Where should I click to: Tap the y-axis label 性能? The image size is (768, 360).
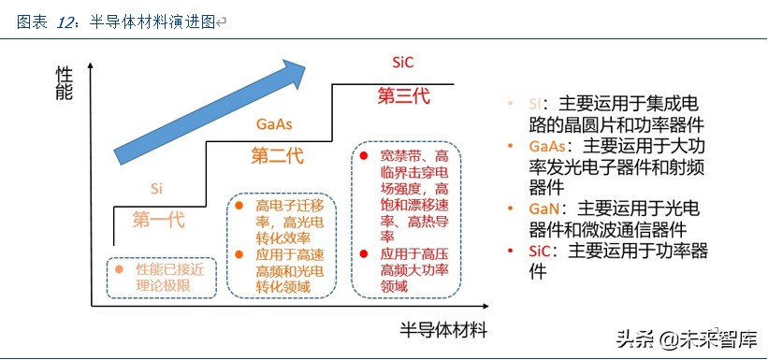tap(63, 85)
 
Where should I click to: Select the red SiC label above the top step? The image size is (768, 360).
tap(403, 63)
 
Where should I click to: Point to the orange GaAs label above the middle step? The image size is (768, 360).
tap(274, 124)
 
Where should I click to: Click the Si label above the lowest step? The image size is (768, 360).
tap(157, 187)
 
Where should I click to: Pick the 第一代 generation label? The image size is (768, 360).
tap(158, 221)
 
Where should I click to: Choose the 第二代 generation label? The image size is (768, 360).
tap(277, 155)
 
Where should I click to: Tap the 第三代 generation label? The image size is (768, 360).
tap(405, 94)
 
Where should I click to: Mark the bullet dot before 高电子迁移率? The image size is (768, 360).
tap(239, 205)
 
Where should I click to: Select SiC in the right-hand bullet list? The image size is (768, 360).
tap(543, 251)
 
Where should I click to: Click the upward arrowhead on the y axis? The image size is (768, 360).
tap(92, 65)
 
